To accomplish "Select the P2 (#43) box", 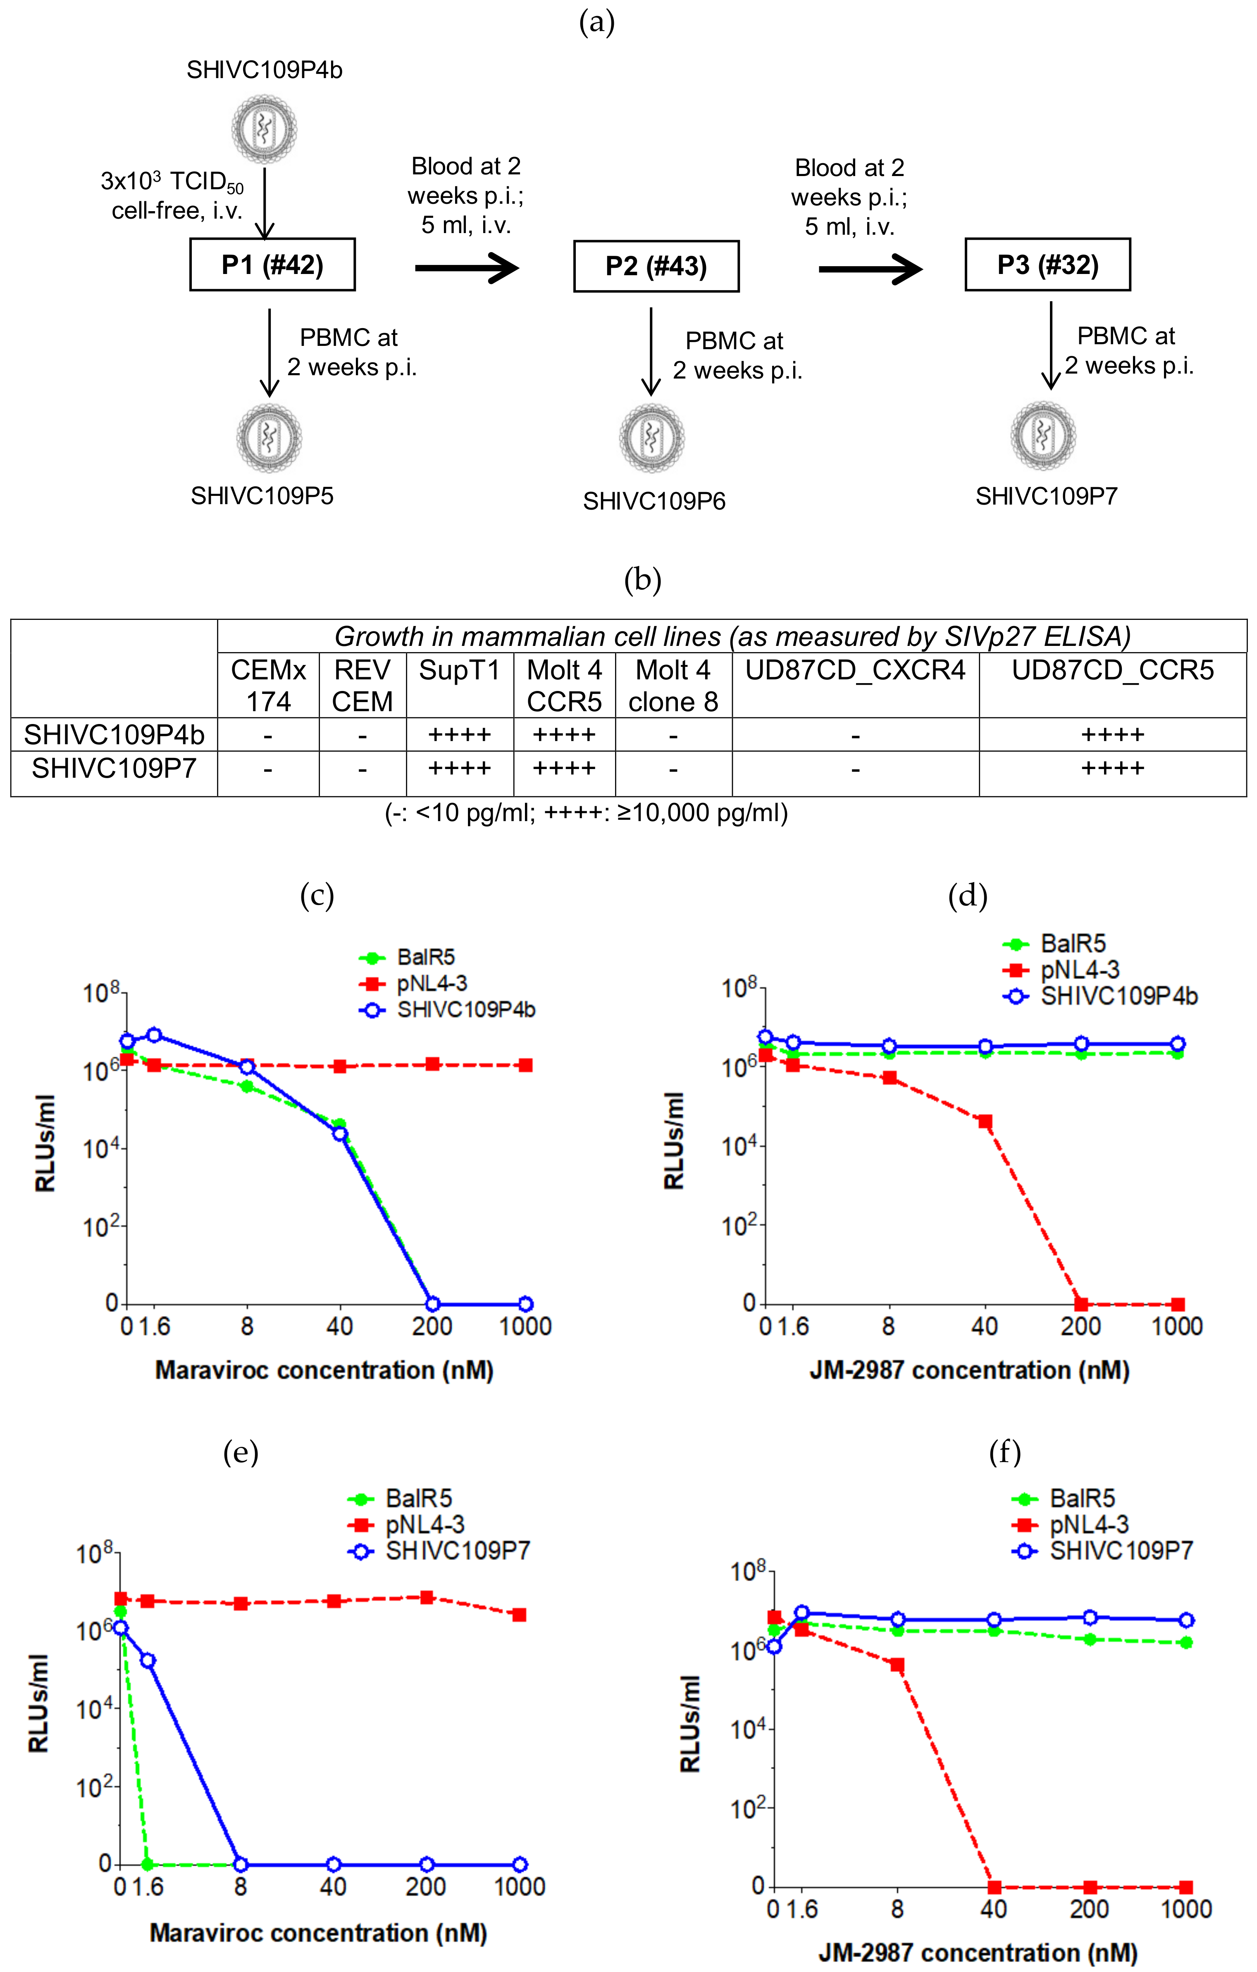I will point(656,266).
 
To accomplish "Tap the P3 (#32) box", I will point(1047,264).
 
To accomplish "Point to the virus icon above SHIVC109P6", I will point(652,438).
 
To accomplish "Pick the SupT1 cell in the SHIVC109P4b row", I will point(459,735).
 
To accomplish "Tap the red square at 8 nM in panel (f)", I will point(897,1665).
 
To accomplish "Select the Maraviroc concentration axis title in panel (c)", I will point(324,1370).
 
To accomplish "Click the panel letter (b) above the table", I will point(642,580).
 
